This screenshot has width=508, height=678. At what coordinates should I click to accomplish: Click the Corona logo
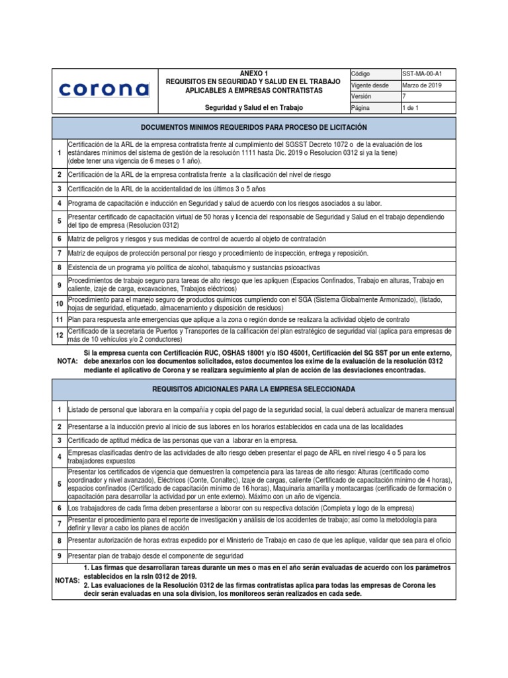[105, 89]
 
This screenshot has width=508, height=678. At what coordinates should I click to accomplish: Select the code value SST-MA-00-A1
[422, 73]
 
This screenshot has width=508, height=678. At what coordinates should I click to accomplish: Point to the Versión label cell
[361, 96]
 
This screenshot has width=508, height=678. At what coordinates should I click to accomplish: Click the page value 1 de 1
[411, 107]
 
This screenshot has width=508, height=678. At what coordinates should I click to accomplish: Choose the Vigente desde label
[370, 85]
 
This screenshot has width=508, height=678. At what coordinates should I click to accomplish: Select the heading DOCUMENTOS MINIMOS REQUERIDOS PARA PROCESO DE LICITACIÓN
[254, 126]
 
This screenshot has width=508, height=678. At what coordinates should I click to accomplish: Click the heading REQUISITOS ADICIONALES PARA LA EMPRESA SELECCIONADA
[254, 391]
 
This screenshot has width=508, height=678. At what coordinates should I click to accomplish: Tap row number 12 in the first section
[59, 335]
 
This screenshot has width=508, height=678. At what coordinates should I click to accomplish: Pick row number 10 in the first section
[59, 303]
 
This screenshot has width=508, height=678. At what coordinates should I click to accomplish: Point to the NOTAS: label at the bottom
[67, 581]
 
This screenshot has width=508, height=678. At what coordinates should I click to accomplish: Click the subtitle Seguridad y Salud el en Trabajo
[254, 107]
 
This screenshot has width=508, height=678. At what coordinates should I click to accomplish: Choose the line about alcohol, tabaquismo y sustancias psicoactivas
[194, 267]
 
